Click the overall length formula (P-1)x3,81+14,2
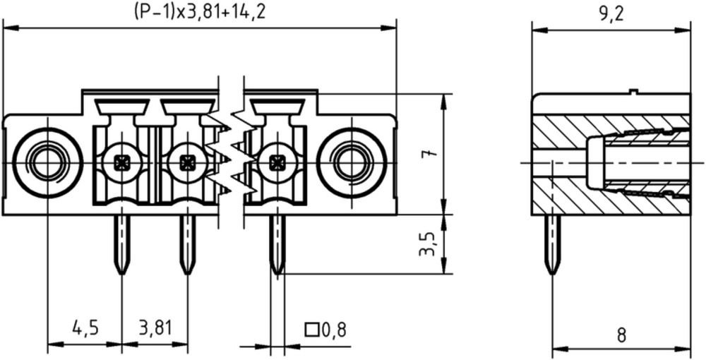pyautogui.click(x=200, y=12)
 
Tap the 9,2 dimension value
pyautogui.click(x=611, y=16)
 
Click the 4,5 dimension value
pyautogui.click(x=85, y=328)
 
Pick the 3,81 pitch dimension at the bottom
pyautogui.click(x=155, y=328)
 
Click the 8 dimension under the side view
pyautogui.click(x=621, y=336)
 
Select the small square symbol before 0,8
pyautogui.click(x=311, y=330)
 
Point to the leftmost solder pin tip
pyautogui.click(x=121, y=274)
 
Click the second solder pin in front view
pyautogui.click(x=187, y=244)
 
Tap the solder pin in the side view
pyautogui.click(x=552, y=244)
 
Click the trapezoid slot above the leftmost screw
pyautogui.click(x=122, y=107)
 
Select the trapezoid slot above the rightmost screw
pyautogui.click(x=277, y=107)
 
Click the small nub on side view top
pyautogui.click(x=633, y=92)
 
